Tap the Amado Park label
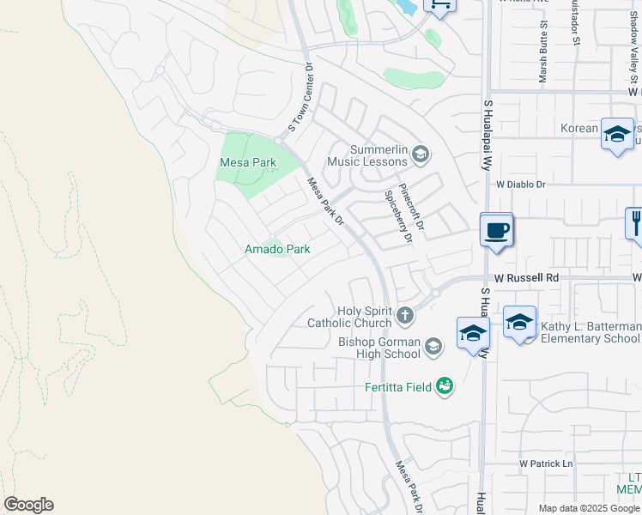277,249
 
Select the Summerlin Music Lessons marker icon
420,154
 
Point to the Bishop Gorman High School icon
433,347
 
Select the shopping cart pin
439,4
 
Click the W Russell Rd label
527,278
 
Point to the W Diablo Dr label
521,184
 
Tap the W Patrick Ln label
545,464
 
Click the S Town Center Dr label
302,102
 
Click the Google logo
28,505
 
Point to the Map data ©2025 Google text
589,508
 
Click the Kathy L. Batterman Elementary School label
590,332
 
